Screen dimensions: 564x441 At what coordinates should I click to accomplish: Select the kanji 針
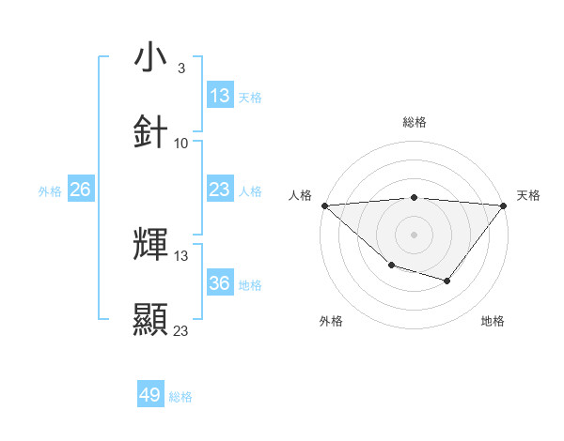pyautogui.click(x=150, y=131)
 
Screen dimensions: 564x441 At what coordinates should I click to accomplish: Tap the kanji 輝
pyautogui.click(x=150, y=245)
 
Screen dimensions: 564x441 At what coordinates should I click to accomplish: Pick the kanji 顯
pyautogui.click(x=150, y=319)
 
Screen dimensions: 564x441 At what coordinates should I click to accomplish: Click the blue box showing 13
pyautogui.click(x=220, y=96)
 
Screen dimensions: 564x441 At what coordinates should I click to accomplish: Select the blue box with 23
pyautogui.click(x=220, y=190)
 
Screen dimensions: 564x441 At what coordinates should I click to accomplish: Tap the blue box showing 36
pyautogui.click(x=220, y=283)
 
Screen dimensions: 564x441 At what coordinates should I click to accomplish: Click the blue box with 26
pyautogui.click(x=80, y=190)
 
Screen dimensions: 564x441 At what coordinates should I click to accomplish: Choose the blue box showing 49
pyautogui.click(x=150, y=395)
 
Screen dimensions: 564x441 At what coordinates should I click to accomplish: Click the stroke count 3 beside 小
pyautogui.click(x=181, y=68)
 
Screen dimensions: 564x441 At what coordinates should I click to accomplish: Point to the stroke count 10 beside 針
pyautogui.click(x=181, y=144)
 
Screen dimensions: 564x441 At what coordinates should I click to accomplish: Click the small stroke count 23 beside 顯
pyautogui.click(x=181, y=330)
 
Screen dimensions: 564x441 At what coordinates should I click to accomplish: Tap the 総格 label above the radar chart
pyautogui.click(x=414, y=122)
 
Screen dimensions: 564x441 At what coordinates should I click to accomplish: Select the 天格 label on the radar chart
pyautogui.click(x=528, y=195)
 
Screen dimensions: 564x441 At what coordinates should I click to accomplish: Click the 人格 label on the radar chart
pyautogui.click(x=300, y=195)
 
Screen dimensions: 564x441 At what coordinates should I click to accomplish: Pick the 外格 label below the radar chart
pyautogui.click(x=331, y=321)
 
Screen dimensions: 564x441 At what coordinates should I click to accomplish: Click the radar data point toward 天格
pyautogui.click(x=503, y=205)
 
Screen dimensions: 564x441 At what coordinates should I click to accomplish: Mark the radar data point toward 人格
pyautogui.click(x=324, y=205)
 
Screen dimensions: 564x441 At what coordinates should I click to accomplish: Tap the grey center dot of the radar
pyautogui.click(x=414, y=234)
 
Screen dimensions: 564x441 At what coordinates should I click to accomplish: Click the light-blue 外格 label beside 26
pyautogui.click(x=50, y=190)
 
